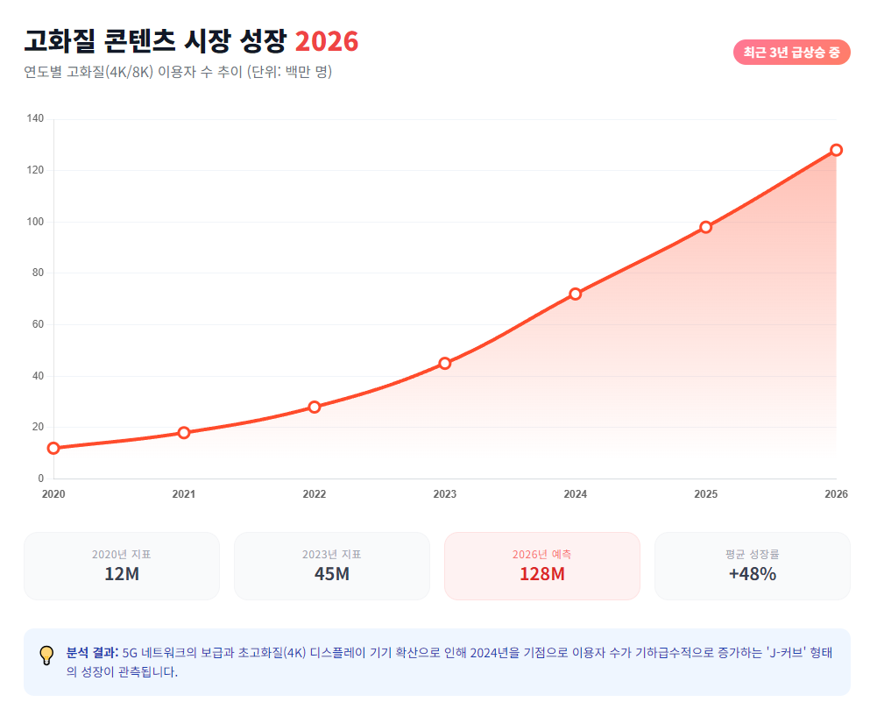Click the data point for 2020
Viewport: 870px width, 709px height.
(x=53, y=448)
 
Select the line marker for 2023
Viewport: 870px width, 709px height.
(x=445, y=363)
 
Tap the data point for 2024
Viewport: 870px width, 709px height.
(x=576, y=294)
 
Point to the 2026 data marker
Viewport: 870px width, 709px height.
(x=837, y=150)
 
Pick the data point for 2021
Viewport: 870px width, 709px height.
(x=184, y=433)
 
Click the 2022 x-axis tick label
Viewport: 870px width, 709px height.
(x=315, y=494)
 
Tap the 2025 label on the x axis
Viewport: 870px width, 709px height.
(x=706, y=494)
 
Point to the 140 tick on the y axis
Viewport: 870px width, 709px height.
(x=35, y=118)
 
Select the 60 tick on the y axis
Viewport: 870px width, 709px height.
(x=38, y=324)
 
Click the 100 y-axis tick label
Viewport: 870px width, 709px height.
(x=35, y=222)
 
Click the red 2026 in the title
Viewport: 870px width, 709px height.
(x=326, y=41)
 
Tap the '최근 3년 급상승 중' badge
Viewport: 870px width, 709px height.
(x=792, y=53)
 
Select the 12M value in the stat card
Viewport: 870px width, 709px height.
(x=122, y=574)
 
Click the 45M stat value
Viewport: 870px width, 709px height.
(x=332, y=574)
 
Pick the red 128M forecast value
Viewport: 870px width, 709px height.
(x=542, y=574)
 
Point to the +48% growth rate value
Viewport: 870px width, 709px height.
(x=753, y=574)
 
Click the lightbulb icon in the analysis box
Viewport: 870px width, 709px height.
(x=46, y=656)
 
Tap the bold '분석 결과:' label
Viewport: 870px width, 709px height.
(x=92, y=652)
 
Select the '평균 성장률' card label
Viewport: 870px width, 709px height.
(x=753, y=554)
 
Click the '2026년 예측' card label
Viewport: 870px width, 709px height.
(x=542, y=554)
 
